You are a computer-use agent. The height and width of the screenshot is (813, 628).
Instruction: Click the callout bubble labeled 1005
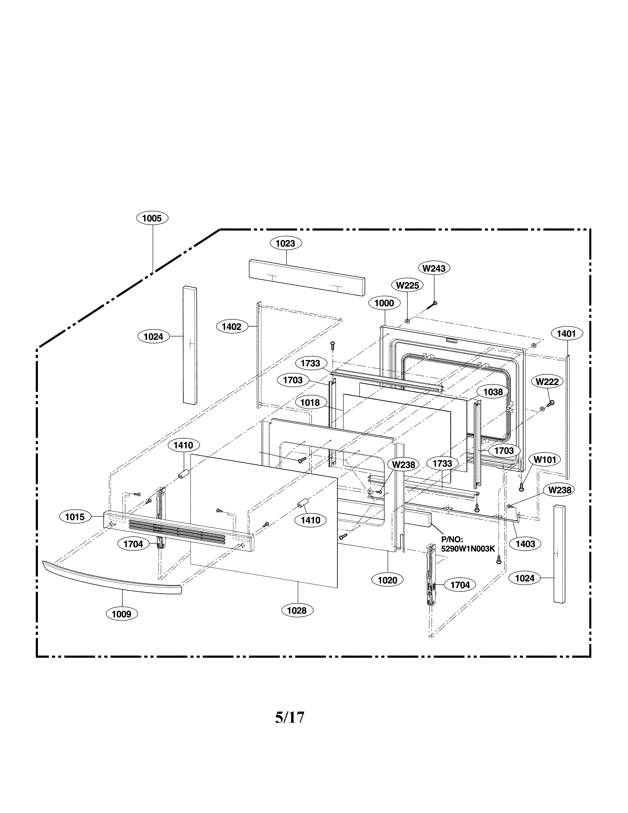coord(152,218)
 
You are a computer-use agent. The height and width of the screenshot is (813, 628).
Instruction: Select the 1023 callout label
coord(285,243)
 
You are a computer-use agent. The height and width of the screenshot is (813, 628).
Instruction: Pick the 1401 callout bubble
coord(566,334)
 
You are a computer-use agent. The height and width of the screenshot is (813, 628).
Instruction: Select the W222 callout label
coord(547,382)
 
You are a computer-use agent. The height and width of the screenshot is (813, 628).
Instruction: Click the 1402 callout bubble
coord(232,327)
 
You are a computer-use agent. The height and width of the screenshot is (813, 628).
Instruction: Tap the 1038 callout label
coord(493,392)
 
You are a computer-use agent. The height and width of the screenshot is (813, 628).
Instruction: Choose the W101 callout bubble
coord(545,460)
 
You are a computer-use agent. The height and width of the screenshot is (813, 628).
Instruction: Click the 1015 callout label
coord(75,517)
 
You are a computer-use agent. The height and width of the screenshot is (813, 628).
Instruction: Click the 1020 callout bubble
coord(387,580)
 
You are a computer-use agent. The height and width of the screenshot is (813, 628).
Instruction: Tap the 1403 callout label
coord(525,544)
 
